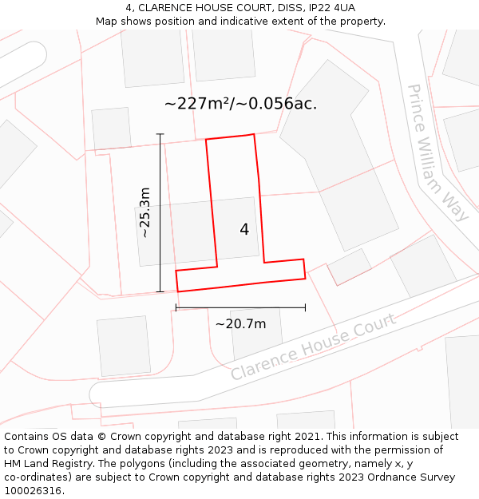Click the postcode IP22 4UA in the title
pyautogui.click(x=330, y=7)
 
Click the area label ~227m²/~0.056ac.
pyautogui.click(x=240, y=104)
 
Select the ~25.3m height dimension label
pyautogui.click(x=144, y=212)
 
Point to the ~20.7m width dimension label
pyautogui.click(x=240, y=324)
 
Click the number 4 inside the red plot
pyautogui.click(x=244, y=230)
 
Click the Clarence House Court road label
pyautogui.click(x=313, y=347)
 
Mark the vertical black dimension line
pyautogui.click(x=160, y=212)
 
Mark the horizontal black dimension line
pyautogui.click(x=240, y=307)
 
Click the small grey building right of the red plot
pyautogui.click(x=350, y=267)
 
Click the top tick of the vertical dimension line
pyautogui.click(x=160, y=134)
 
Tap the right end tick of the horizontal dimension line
pyautogui.click(x=305, y=307)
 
